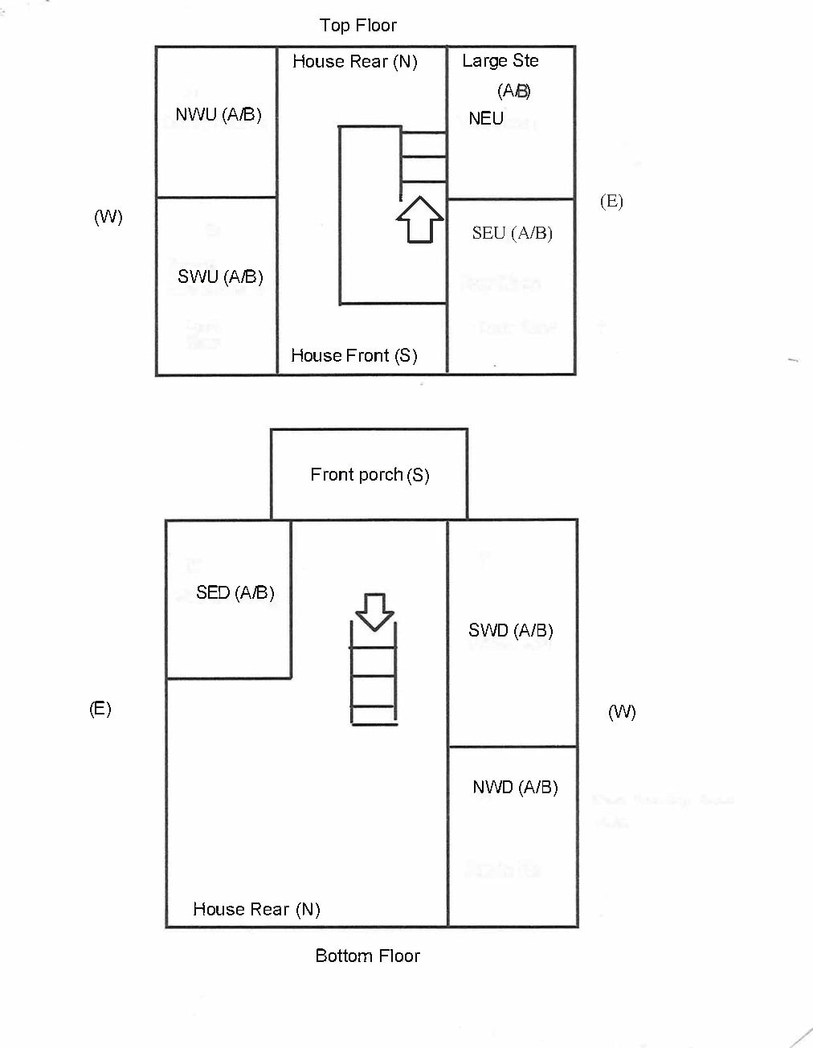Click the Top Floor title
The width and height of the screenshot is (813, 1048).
[x=357, y=26]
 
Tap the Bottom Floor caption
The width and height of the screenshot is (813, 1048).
[x=367, y=956]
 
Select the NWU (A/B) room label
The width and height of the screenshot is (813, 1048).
[x=219, y=114]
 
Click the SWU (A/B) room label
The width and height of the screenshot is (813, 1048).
[x=220, y=276]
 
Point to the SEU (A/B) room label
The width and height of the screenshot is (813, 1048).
[x=512, y=233]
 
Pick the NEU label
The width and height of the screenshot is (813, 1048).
[x=486, y=119]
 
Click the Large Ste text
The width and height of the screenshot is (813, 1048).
[x=500, y=61]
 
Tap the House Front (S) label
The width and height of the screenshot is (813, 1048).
[x=353, y=355]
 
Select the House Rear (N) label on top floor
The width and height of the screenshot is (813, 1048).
[x=354, y=62]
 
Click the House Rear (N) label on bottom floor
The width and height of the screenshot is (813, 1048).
[x=256, y=909]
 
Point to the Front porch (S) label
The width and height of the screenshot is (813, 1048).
[x=370, y=475]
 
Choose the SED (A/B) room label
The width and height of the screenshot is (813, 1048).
[x=235, y=592]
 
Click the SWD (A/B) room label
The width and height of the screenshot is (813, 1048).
[x=511, y=630]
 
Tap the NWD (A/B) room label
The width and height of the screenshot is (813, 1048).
[x=515, y=787]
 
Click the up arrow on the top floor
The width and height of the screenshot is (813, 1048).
[x=419, y=219]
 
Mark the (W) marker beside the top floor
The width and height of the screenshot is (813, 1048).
[x=108, y=217]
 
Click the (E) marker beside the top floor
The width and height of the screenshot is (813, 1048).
[x=611, y=201]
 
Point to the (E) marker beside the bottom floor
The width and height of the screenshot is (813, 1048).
[x=100, y=708]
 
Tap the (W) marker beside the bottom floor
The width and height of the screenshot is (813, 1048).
[x=622, y=711]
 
